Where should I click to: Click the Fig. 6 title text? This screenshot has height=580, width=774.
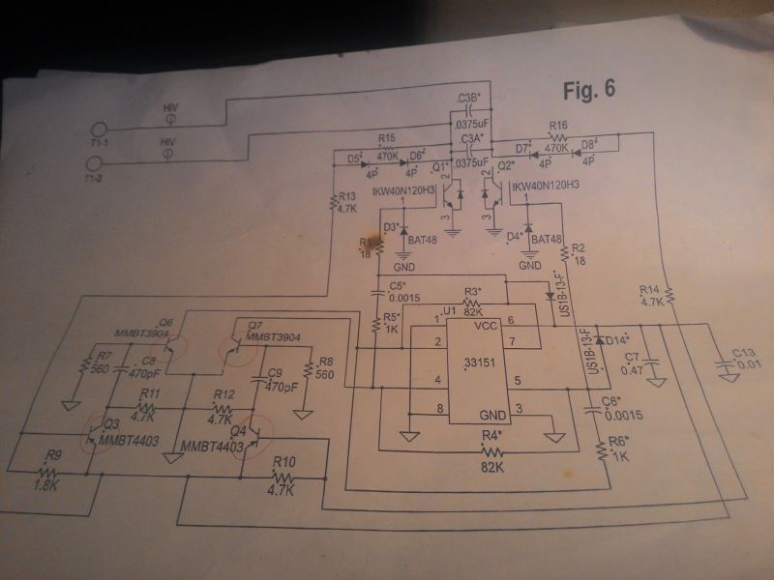[x=587, y=90]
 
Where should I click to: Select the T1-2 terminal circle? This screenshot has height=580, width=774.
[x=96, y=164]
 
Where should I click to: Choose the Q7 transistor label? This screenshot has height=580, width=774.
[x=255, y=324]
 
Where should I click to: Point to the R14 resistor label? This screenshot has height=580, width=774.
[x=652, y=288]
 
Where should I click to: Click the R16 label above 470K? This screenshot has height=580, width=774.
[x=557, y=126]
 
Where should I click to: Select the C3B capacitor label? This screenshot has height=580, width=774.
[x=468, y=99]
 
